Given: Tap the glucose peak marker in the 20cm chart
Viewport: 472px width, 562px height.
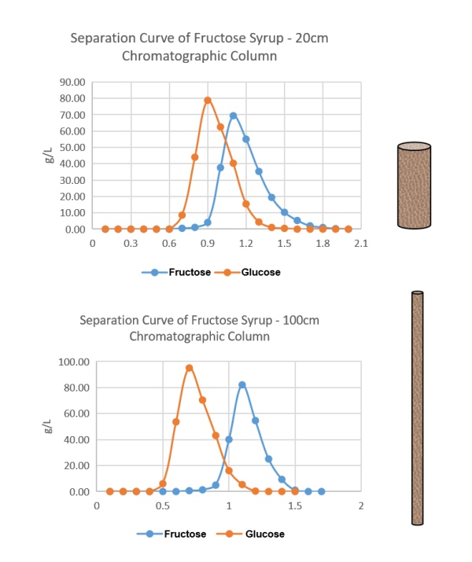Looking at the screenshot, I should (208, 101).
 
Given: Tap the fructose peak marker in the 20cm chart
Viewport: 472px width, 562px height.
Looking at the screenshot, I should (233, 116).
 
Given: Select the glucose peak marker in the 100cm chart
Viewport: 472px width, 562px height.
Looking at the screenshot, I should (189, 368).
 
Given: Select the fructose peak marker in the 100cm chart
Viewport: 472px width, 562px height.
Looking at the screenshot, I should (242, 385).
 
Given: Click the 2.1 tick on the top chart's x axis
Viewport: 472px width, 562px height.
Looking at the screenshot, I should (360, 244).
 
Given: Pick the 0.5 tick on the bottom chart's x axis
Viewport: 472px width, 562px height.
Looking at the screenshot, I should (162, 506).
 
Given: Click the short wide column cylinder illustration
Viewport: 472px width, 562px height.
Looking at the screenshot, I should (414, 185).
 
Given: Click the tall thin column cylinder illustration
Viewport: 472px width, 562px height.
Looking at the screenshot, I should (417, 408).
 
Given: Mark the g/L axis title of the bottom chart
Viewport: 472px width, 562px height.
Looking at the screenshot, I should (50, 427).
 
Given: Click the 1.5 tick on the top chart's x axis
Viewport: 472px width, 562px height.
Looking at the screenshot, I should (284, 244).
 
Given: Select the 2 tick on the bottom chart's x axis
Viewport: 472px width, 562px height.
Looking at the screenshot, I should (360, 506).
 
